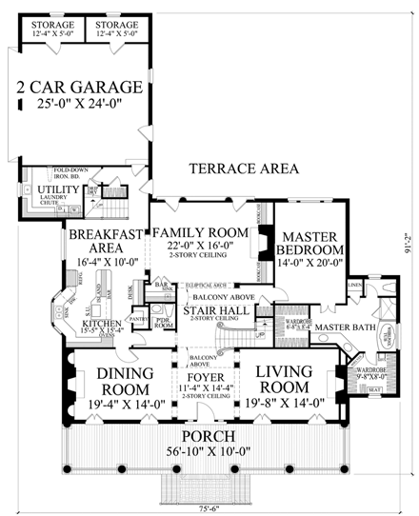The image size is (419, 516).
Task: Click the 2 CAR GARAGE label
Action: [x=80, y=89]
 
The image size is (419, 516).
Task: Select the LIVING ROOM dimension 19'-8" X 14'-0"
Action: [x=284, y=404]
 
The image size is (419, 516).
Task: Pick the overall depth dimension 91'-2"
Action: [x=406, y=253]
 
